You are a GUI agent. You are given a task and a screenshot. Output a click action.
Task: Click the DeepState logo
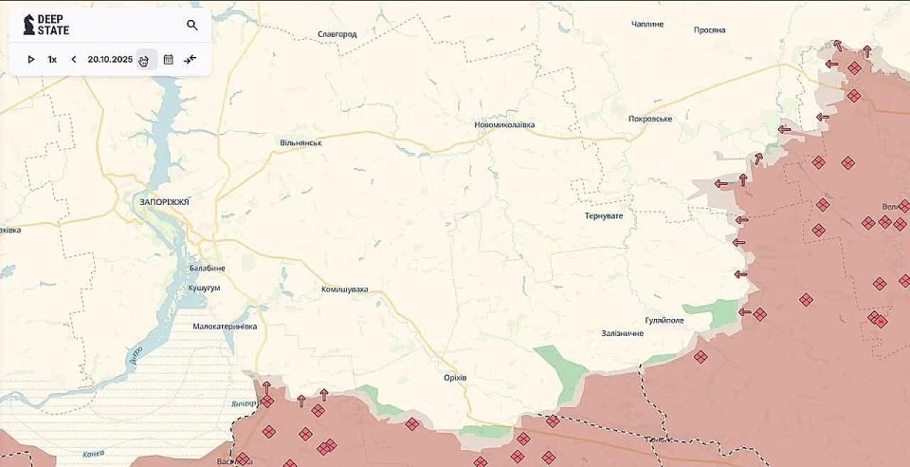point(45,25)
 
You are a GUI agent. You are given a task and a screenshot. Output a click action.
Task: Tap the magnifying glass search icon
point(192,26)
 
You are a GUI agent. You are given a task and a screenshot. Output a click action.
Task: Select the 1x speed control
point(52,60)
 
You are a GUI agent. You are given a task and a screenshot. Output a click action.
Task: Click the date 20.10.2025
point(110,60)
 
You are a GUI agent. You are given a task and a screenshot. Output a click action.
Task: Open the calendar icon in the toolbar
point(169,60)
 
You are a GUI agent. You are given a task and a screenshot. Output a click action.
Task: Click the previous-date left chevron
point(74,60)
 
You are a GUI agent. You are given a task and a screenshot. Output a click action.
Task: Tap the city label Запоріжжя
point(164,202)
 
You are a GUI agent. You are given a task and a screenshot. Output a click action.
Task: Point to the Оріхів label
point(455,378)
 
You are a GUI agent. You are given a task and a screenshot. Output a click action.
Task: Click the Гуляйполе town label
point(664,321)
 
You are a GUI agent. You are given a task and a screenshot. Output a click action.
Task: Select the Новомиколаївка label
point(504,125)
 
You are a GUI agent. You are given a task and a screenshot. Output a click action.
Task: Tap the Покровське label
point(650,119)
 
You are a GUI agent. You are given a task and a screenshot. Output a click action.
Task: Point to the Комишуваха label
point(344,290)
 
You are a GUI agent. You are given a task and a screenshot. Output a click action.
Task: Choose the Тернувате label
point(604,216)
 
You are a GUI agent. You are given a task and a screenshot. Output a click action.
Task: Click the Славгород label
point(337,34)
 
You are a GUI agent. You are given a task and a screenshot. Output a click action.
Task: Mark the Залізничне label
point(622,333)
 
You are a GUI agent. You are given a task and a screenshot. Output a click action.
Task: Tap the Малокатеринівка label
point(225,327)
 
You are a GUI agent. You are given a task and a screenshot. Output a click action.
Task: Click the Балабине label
point(207,269)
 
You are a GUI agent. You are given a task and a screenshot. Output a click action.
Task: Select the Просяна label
point(709,29)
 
